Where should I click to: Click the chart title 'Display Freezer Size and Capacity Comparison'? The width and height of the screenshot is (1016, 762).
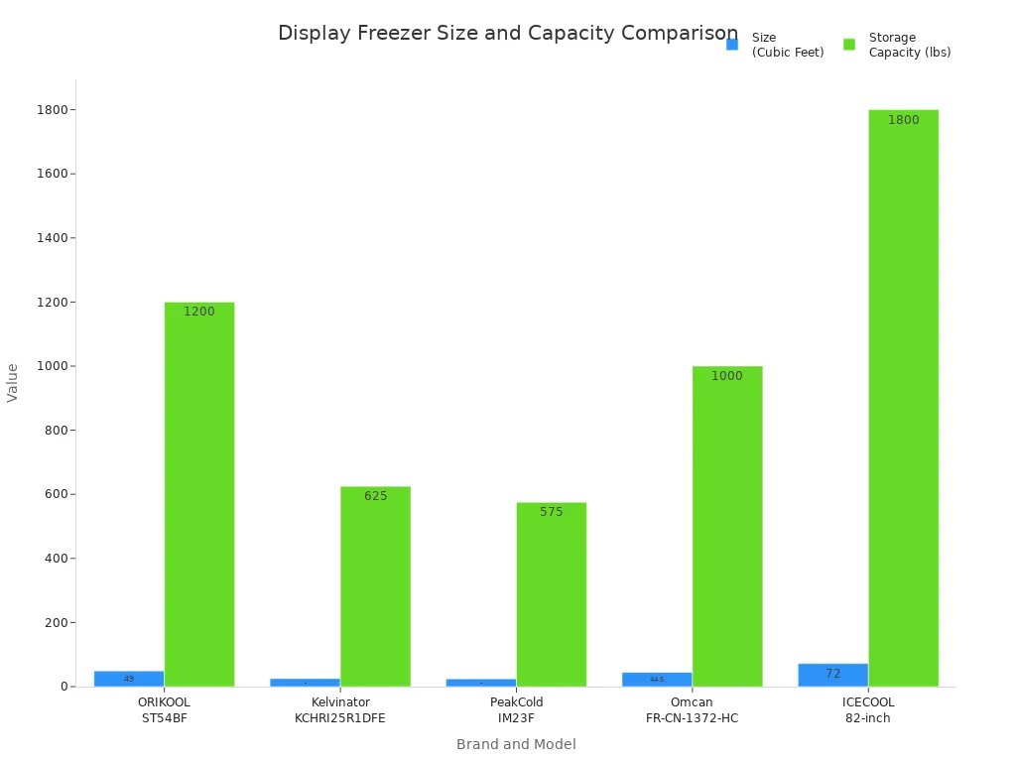(x=507, y=34)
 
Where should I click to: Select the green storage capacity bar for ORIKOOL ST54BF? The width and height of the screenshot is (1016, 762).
(x=199, y=496)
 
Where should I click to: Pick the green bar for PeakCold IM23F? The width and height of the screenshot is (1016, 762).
(x=551, y=595)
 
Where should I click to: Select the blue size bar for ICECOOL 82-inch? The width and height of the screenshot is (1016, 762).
(x=832, y=675)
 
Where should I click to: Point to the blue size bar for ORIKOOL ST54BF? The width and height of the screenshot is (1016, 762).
(x=129, y=679)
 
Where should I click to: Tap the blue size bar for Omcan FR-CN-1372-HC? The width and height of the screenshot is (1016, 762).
(x=657, y=680)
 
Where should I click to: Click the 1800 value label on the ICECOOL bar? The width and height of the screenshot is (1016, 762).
(x=903, y=120)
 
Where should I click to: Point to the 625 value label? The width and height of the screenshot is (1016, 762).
(x=375, y=496)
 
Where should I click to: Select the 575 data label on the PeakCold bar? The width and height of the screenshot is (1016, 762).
(x=551, y=512)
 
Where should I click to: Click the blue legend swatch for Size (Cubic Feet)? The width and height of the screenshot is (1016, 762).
(x=732, y=45)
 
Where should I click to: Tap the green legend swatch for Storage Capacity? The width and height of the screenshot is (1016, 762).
(x=849, y=45)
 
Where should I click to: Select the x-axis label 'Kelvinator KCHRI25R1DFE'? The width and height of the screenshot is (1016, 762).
(x=340, y=710)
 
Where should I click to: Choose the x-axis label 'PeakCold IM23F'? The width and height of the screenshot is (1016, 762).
(x=516, y=710)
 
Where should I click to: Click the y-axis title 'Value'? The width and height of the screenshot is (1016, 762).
(x=13, y=382)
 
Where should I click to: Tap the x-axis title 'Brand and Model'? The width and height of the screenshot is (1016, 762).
(x=516, y=744)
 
